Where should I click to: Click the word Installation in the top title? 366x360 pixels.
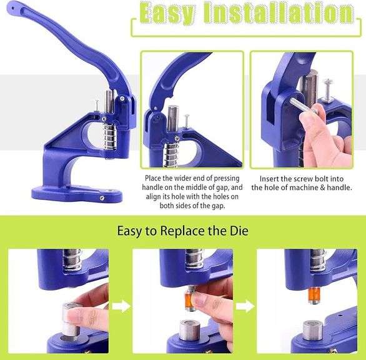(x=280, y=13)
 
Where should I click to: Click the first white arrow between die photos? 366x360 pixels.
(x=126, y=306)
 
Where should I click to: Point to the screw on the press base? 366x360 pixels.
(x=102, y=198)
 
